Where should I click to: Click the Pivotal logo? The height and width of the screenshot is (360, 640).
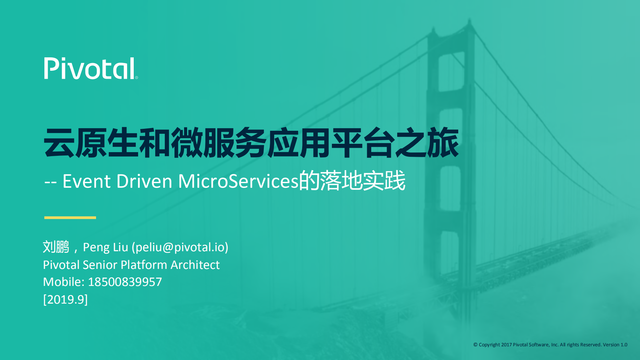pos(89,68)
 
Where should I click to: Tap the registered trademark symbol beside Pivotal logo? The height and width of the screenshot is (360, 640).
pos(136,77)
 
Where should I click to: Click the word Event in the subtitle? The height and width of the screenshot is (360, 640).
pos(86,181)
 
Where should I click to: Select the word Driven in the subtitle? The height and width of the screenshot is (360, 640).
pos(144,181)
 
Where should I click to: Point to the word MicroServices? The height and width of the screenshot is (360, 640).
pos(238,181)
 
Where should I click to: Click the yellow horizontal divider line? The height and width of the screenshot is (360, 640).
pos(70,218)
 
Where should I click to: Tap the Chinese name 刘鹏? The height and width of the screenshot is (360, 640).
pos(56,247)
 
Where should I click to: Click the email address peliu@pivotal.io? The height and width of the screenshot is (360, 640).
pos(180,247)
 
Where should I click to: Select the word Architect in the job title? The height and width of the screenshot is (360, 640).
pos(195,265)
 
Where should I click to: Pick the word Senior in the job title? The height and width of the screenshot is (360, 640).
pos(100,265)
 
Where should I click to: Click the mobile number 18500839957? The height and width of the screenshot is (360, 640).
pos(125,282)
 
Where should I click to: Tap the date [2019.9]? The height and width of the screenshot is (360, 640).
pos(65,299)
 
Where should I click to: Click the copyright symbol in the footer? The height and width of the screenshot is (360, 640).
pos(475,345)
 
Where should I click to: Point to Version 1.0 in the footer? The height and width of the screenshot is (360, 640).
pos(615,345)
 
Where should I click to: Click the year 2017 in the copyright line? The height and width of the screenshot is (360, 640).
pos(506,345)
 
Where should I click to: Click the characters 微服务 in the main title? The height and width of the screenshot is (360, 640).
pos(218,143)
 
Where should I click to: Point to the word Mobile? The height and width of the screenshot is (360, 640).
pos(63,282)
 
